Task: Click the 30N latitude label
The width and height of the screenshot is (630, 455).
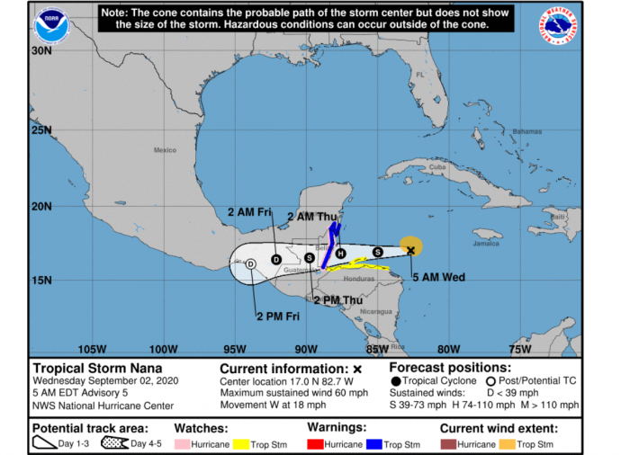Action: click(40, 51)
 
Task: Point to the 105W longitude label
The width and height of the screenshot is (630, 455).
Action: click(93, 349)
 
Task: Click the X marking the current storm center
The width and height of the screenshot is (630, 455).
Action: click(410, 250)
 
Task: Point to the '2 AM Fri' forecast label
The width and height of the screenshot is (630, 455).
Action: click(248, 211)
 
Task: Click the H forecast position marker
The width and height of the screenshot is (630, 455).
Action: click(340, 254)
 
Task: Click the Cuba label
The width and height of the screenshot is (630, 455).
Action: click(437, 167)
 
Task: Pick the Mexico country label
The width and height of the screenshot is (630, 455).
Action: click(164, 150)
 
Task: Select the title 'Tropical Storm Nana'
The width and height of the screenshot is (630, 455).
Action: click(91, 368)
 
